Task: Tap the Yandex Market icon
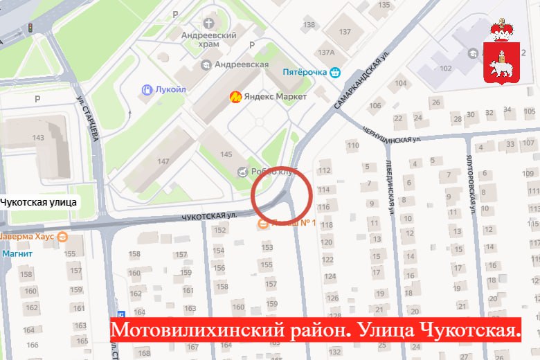pyautogui.click(x=235, y=97)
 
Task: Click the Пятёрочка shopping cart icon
pyautogui.click(x=335, y=71)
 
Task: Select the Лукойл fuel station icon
pyautogui.click(x=147, y=89)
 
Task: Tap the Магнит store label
pyautogui.click(x=17, y=253)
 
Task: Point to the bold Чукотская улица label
pyautogui.click(x=38, y=202)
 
